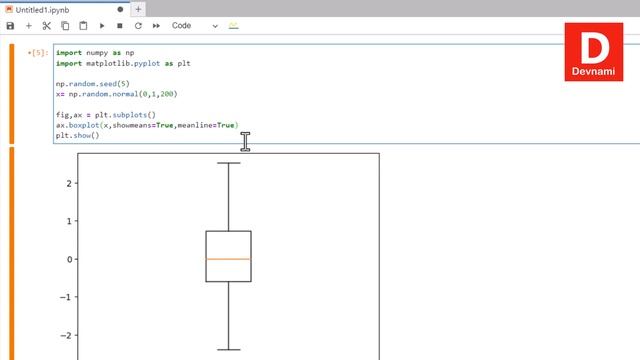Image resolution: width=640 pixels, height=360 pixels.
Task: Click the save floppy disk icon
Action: pyautogui.click(x=10, y=25)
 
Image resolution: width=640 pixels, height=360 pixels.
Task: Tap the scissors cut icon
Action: pyautogui.click(x=46, y=25)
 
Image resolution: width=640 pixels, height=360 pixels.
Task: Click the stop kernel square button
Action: pyautogui.click(x=120, y=25)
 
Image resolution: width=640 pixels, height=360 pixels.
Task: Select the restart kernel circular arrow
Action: pyautogui.click(x=138, y=25)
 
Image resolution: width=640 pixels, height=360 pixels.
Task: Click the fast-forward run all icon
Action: pyautogui.click(x=156, y=25)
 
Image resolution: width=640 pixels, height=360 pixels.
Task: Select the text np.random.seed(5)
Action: pyautogui.click(x=93, y=84)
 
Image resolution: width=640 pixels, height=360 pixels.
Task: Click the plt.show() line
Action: pyautogui.click(x=77, y=135)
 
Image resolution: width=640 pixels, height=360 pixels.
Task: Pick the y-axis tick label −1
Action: pyautogui.click(x=67, y=297)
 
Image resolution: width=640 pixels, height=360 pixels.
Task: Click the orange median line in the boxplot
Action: pyautogui.click(x=228, y=259)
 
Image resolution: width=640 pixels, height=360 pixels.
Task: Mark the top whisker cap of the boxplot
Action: pyautogui.click(x=228, y=163)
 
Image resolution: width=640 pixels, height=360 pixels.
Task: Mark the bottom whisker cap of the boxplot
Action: pyautogui.click(x=228, y=350)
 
